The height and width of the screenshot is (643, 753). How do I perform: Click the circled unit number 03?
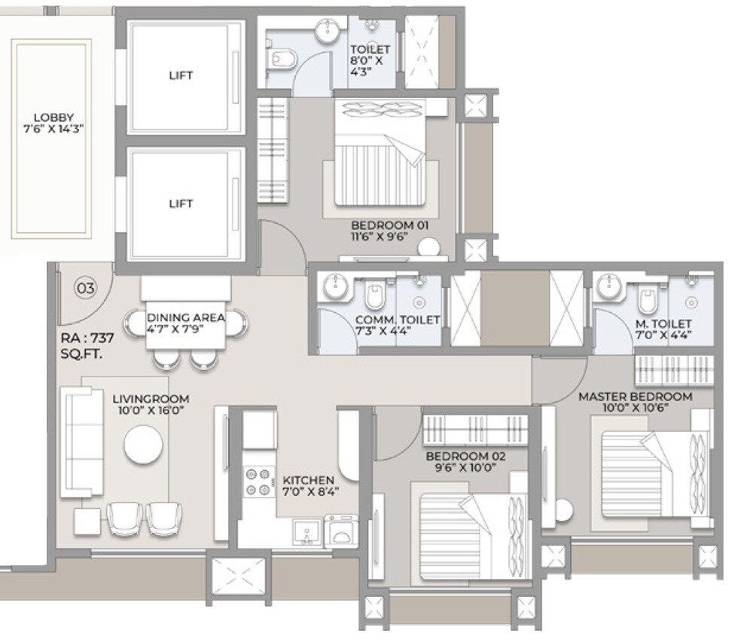86,287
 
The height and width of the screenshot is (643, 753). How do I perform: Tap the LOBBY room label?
53,123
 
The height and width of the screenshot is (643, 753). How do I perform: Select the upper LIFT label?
181,75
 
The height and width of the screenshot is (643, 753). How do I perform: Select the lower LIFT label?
181,204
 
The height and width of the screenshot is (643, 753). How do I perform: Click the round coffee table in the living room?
143,446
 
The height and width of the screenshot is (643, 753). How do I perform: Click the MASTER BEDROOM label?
634,401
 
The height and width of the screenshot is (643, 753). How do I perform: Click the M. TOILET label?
663,329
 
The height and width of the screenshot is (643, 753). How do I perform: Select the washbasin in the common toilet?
334,286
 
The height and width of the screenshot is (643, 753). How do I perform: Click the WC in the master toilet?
647,301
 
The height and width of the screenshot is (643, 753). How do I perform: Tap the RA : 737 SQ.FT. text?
87,345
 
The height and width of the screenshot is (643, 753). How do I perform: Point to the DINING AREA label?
185,323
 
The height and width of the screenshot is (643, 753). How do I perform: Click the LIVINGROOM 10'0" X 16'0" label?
150,405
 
